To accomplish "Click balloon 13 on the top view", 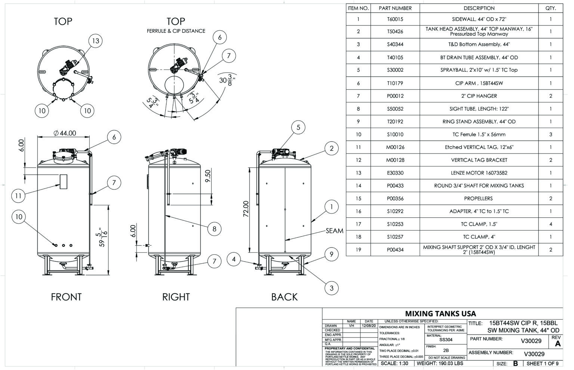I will [x=96, y=41].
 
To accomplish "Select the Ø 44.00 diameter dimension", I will [x=65, y=133].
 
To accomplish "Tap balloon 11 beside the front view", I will [x=18, y=195].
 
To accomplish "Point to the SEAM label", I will [x=334, y=231].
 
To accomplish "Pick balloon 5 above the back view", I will [x=298, y=127].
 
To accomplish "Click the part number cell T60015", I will [x=395, y=19].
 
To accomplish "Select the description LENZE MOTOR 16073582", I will [x=479, y=173].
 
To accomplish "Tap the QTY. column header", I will [x=550, y=8].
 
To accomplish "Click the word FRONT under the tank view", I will [x=66, y=297].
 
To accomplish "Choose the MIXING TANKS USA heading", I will [x=441, y=314].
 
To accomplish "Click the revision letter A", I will [x=558, y=344].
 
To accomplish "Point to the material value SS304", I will [x=446, y=340].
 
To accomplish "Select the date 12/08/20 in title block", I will [x=369, y=326].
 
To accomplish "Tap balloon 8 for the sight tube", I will [x=214, y=228].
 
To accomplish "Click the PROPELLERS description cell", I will [x=479, y=198].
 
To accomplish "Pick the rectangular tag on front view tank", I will [x=63, y=181].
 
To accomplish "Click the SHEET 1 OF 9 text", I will [x=542, y=363].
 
